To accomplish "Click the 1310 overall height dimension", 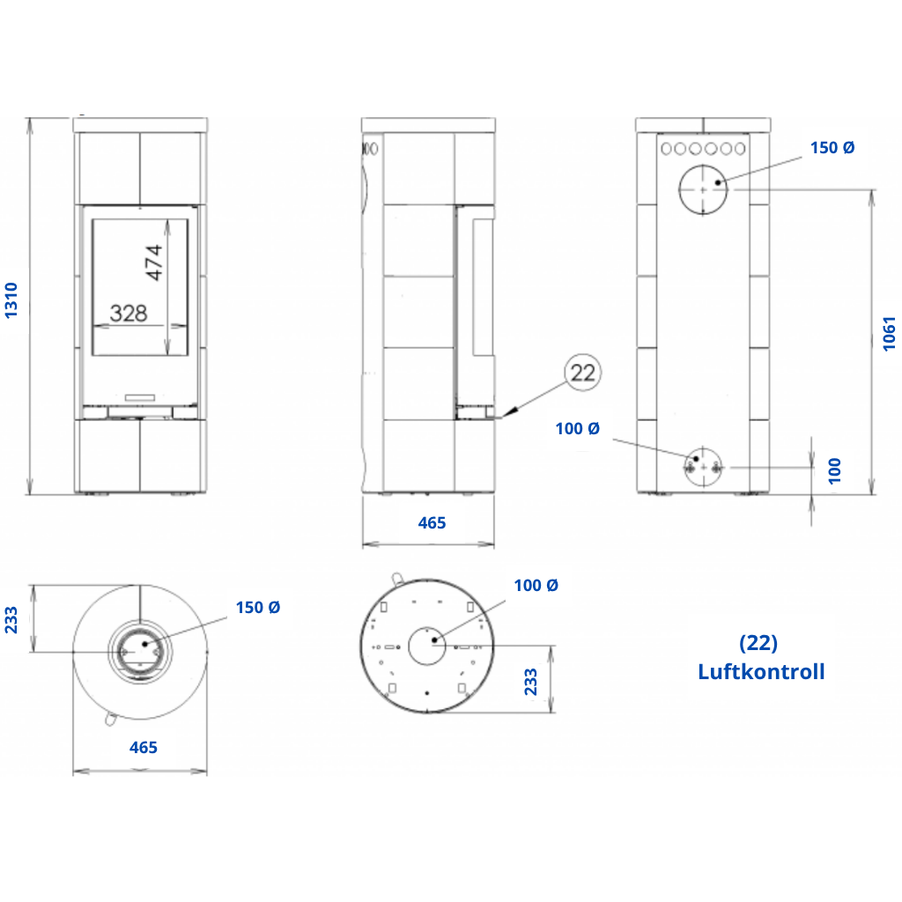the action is click(11, 299).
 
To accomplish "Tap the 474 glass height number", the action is click(154, 262).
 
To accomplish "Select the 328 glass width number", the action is click(129, 314).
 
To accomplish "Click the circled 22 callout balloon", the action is click(583, 373).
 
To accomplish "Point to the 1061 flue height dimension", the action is click(890, 333).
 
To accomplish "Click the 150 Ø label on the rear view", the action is click(832, 148).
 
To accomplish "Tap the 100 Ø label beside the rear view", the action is click(578, 429).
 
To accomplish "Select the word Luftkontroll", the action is click(761, 671).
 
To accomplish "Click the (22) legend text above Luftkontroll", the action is click(758, 642).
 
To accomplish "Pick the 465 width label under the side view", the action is click(432, 523).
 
